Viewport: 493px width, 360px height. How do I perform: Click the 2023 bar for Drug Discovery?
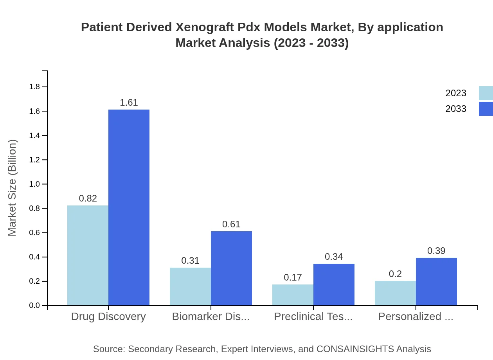pos(88,255)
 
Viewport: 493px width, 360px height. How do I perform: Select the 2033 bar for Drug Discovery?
pos(129,207)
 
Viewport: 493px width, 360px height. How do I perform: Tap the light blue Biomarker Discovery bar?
pos(190,286)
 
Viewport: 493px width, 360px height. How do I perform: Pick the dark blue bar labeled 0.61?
pos(231,268)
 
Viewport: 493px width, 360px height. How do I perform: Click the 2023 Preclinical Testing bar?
pos(293,295)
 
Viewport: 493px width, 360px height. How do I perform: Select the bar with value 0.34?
pos(334,284)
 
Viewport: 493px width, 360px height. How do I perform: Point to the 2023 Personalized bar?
pos(395,293)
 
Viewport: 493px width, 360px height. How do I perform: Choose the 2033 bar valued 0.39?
pos(436,281)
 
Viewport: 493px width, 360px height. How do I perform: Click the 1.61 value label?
pos(129,103)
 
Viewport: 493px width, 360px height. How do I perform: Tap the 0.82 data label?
pos(88,198)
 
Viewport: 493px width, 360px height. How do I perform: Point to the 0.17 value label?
pos(293,277)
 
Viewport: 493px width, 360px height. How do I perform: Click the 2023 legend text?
pos(456,93)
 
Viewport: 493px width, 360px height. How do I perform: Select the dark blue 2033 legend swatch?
pos(486,109)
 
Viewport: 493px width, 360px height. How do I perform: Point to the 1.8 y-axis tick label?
pos(35,87)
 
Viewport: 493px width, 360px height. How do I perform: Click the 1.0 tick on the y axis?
pos(35,184)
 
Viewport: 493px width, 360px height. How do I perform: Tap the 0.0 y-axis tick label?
pos(35,306)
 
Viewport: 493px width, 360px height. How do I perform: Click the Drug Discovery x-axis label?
pos(108,317)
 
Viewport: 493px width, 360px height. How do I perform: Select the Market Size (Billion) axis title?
pos(13,188)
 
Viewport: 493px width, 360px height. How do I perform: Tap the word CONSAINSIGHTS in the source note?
pos(355,349)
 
